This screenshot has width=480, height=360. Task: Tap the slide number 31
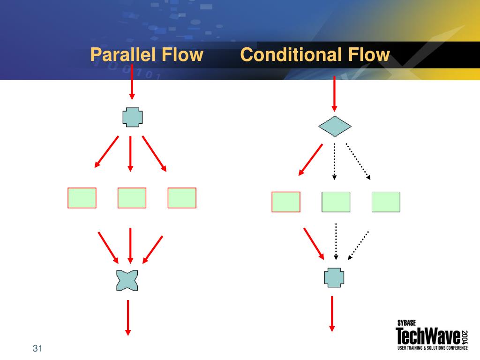37,349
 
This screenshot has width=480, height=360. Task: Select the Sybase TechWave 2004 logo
431,335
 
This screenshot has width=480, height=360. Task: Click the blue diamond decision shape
335,126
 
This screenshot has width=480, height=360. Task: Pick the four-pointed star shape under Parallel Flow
127,280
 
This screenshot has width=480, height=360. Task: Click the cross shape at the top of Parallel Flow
132,117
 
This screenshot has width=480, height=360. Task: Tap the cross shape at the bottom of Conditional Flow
334,277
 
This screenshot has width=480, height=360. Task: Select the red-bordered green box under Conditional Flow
286,202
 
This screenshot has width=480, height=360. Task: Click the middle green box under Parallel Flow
132,198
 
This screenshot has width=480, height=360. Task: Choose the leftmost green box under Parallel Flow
82,198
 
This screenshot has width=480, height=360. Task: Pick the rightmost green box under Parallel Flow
182,198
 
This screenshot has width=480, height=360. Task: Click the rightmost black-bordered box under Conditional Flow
386,202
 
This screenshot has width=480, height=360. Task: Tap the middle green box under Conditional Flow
336,202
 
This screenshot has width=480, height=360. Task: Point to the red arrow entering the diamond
334,94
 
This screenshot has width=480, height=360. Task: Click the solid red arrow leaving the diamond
311,160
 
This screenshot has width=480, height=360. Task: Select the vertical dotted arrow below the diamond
334,161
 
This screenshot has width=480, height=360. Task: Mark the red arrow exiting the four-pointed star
127,317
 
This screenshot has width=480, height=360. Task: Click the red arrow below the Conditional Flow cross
332,313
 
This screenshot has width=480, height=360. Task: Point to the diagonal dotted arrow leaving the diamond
358,161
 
